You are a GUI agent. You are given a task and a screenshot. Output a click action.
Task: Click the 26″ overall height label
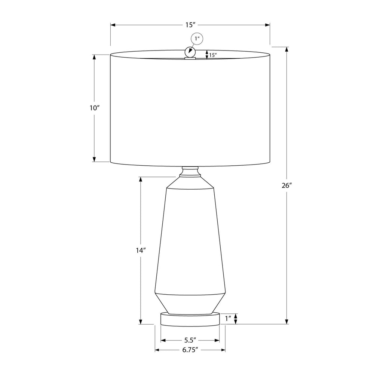click(x=287, y=186)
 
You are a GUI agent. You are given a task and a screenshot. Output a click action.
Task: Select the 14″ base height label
click(x=141, y=250)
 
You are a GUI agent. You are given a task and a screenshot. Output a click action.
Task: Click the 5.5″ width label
click(x=190, y=340)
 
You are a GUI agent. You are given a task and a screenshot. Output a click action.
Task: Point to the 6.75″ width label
click(x=190, y=350)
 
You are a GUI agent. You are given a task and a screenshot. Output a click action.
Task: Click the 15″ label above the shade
click(x=190, y=25)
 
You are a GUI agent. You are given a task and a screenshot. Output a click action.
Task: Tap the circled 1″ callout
click(x=197, y=39)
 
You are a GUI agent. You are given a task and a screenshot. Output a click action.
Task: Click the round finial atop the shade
click(x=190, y=52)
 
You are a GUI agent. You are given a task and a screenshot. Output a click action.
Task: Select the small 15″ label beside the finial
click(x=213, y=55)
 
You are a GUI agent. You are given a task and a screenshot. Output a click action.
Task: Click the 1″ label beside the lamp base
click(x=228, y=319)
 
